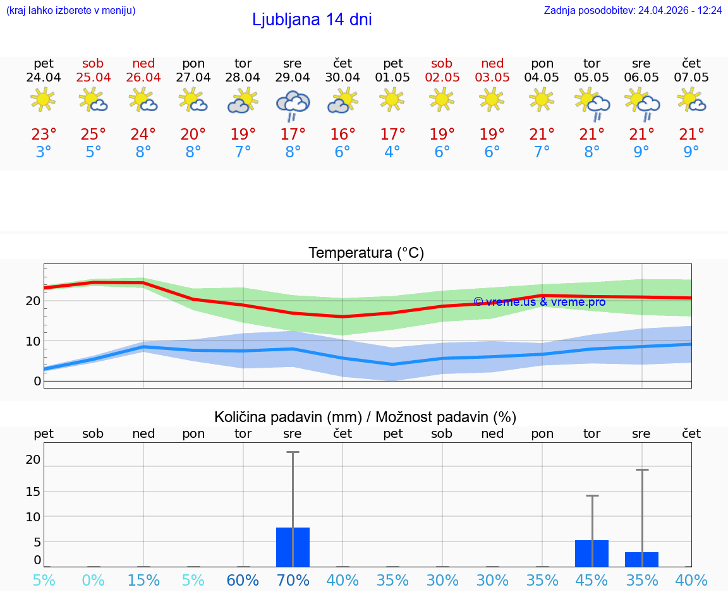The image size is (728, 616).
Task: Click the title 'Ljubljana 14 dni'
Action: [312, 20]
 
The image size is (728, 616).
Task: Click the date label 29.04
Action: [293, 78]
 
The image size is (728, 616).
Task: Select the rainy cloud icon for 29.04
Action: [293, 104]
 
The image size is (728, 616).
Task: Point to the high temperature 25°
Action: [93, 135]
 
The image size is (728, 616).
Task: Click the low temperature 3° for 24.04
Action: [44, 152]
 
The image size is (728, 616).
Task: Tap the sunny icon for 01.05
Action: [392, 99]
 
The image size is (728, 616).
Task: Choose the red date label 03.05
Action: [492, 78]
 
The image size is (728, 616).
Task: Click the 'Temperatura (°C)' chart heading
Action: [366, 253]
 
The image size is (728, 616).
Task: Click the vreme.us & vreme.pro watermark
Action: [539, 302]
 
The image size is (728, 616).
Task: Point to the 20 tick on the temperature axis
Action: [33, 301]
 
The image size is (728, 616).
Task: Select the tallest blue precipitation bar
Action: [293, 547]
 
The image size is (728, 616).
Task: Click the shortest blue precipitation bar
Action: [641, 559]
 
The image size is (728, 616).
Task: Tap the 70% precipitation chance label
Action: [293, 580]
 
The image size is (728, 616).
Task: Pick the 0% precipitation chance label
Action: [93, 580]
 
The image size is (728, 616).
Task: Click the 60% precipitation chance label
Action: [243, 580]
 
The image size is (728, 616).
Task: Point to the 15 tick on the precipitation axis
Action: [33, 491]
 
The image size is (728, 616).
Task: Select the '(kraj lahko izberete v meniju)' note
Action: [71, 11]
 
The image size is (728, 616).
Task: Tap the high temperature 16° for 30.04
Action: [342, 135]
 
